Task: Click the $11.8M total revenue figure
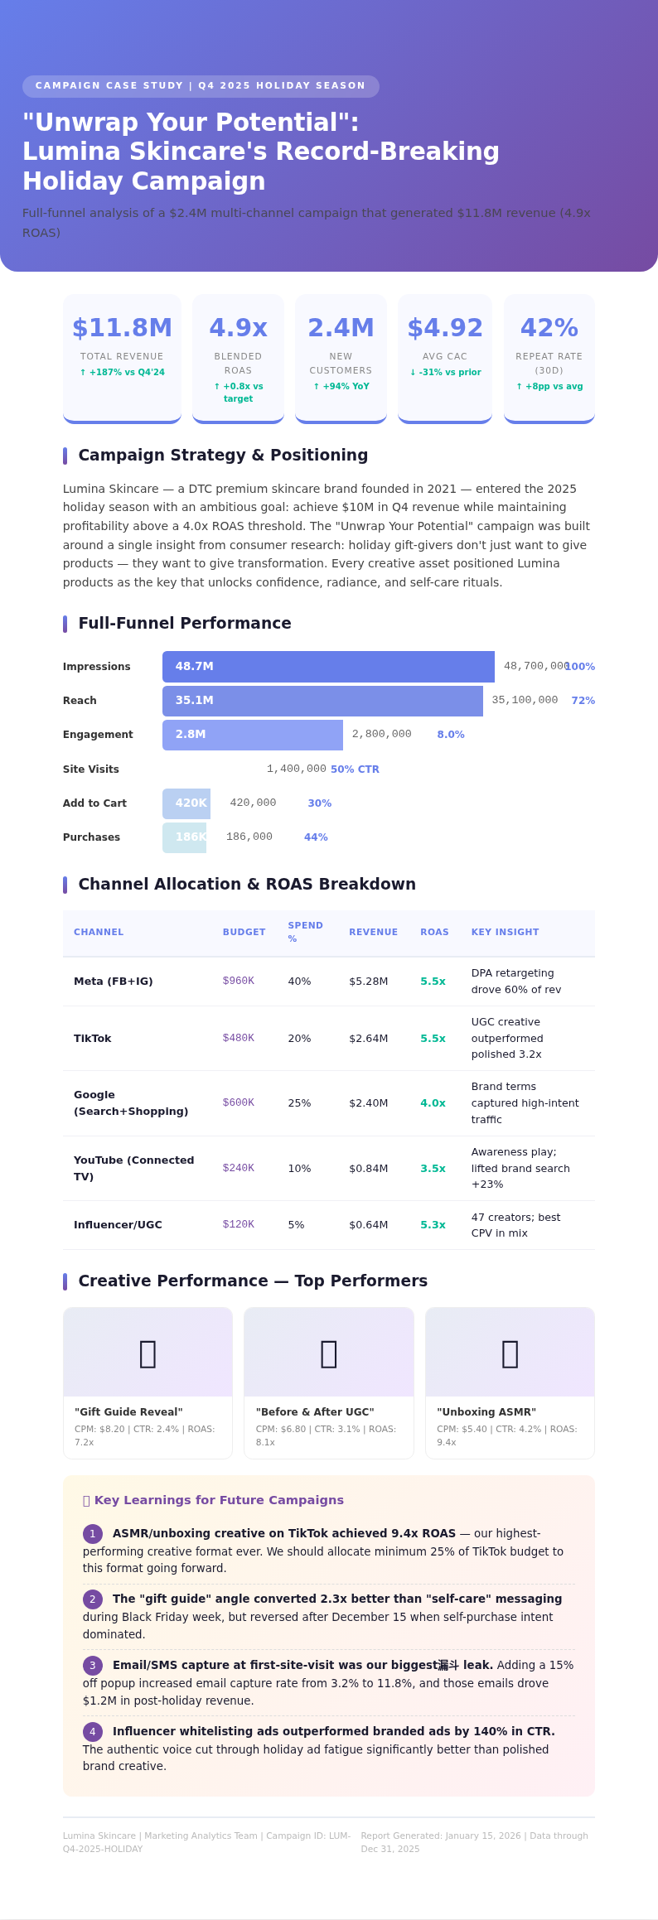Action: point(122,328)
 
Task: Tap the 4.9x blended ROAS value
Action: point(238,328)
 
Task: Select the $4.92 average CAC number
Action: point(445,328)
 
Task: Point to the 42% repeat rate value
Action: point(549,328)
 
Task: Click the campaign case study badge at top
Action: point(201,86)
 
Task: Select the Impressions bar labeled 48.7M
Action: point(328,667)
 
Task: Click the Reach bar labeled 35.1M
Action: point(322,701)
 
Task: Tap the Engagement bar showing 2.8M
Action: point(253,735)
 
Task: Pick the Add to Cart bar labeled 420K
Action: point(186,803)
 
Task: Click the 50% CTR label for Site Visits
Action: point(355,769)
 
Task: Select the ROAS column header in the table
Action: point(434,933)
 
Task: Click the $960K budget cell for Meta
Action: point(239,982)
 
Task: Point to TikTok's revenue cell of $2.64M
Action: point(368,1039)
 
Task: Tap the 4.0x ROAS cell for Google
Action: point(433,1103)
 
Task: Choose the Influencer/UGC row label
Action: point(118,1225)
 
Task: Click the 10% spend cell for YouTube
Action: point(299,1169)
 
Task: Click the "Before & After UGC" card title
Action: point(315,1412)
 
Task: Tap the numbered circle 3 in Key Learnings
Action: point(93,1666)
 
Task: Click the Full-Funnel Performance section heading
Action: point(185,624)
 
